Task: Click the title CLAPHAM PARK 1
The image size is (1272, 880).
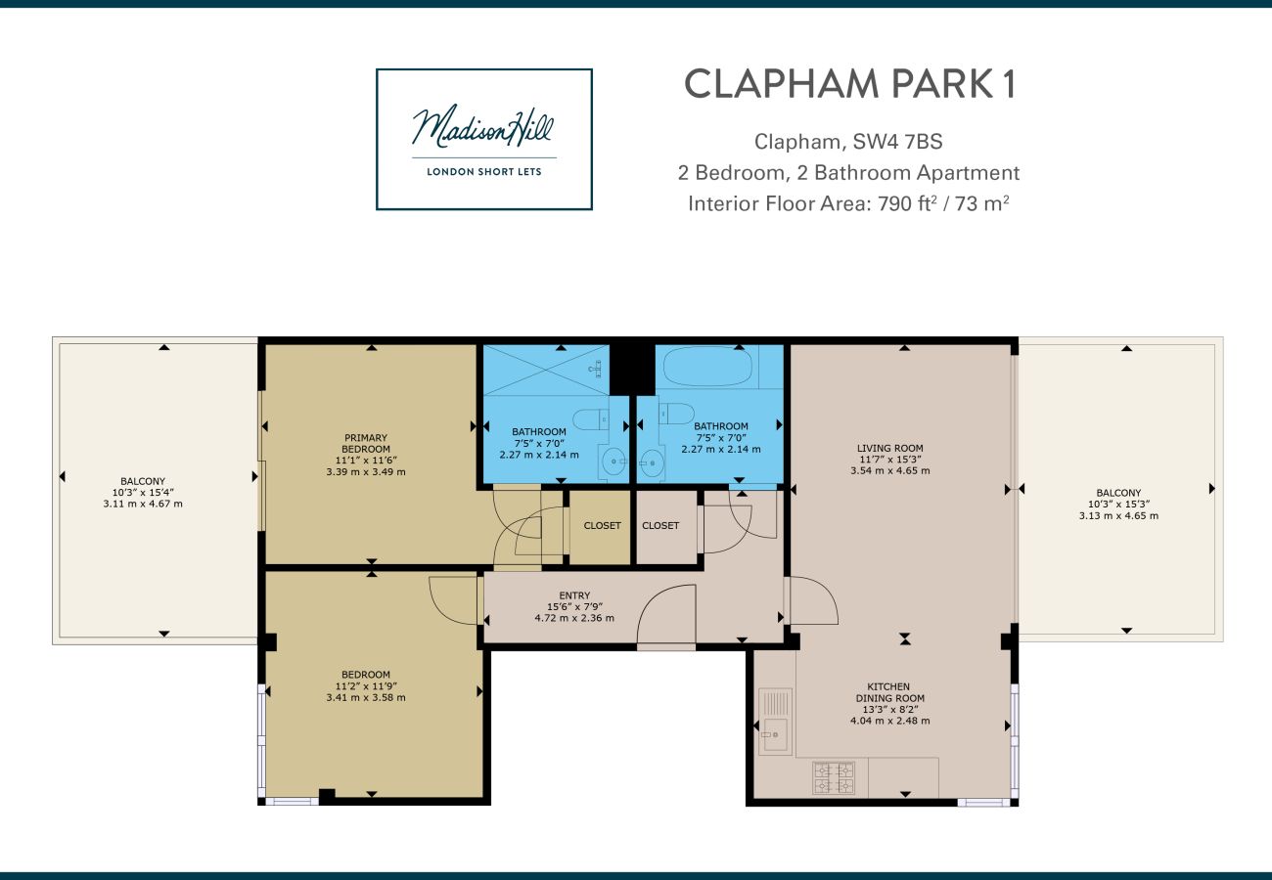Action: pos(849,84)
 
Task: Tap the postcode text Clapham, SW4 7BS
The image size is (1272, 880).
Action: pos(848,142)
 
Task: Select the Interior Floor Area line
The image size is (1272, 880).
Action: pos(848,203)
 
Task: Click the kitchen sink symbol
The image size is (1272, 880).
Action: pos(775,721)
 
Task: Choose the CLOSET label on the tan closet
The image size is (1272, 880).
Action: pos(602,525)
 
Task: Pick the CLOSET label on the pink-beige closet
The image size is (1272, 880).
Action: pos(660,525)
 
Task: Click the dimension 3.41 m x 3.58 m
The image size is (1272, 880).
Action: pos(366,697)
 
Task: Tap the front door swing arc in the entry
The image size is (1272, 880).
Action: pos(666,616)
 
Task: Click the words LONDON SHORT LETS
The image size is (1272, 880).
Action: pos(484,172)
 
